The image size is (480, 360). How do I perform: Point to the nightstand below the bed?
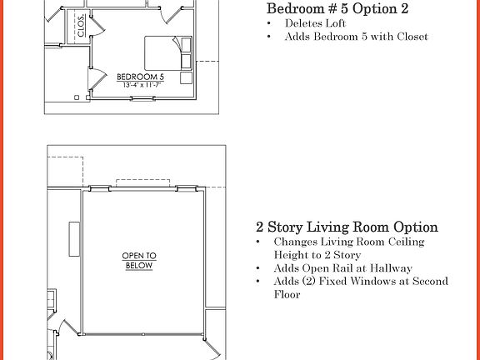pyautogui.click(x=187, y=78)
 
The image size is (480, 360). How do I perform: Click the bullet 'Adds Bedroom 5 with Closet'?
pyautogui.click(x=356, y=37)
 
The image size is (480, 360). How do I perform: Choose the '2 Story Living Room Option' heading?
pyautogui.click(x=347, y=227)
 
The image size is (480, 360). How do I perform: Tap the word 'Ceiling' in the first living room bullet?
pyautogui.click(x=402, y=242)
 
